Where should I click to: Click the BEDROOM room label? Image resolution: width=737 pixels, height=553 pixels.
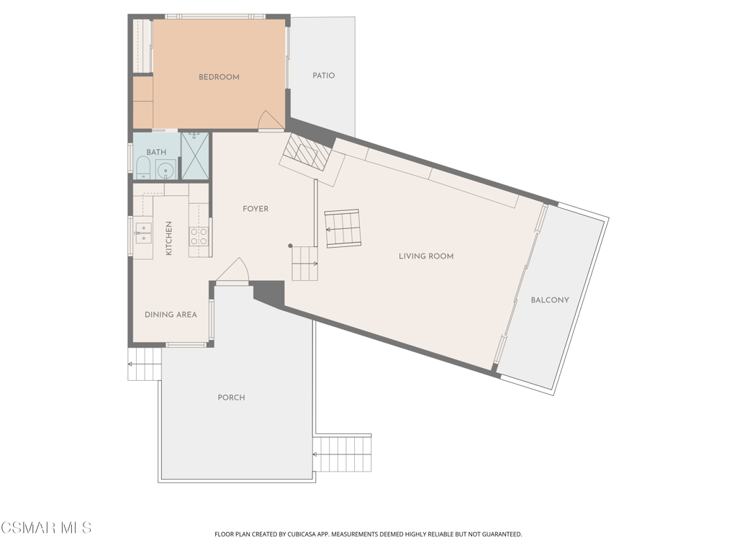tap(219, 77)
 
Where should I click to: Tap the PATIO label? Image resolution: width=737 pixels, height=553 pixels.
tap(323, 75)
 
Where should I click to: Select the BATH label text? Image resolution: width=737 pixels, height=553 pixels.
tap(156, 152)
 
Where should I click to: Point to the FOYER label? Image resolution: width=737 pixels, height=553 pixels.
tap(256, 209)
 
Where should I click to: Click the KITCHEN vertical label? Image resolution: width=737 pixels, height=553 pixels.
tap(168, 238)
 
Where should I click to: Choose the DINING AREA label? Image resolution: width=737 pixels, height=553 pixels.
tap(171, 315)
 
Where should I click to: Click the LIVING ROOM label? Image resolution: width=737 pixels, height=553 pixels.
tap(426, 256)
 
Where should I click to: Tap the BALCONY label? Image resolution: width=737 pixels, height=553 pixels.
tap(549, 300)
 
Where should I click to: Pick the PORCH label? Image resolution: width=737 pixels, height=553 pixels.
tap(231, 397)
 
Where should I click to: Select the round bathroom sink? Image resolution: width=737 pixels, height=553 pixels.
tap(166, 169)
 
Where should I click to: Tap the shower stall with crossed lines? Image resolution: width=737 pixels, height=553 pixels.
tap(194, 156)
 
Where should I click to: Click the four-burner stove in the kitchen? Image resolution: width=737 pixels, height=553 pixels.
tap(199, 236)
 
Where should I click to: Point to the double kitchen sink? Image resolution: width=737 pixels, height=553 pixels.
tap(143, 233)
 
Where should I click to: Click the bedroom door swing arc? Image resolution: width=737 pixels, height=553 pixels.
tap(271, 120)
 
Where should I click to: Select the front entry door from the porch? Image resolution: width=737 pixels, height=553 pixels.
tap(232, 271)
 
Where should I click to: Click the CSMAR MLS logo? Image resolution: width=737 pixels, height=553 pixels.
tap(46, 527)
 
